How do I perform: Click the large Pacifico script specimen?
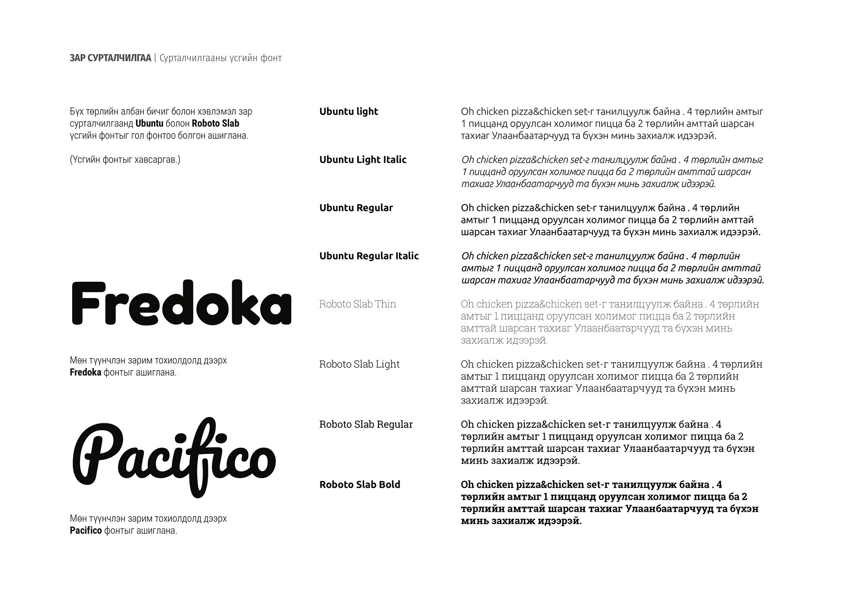pyautogui.click(x=174, y=457)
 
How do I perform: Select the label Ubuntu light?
pyautogui.click(x=349, y=112)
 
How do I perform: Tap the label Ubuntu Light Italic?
pyautogui.click(x=363, y=160)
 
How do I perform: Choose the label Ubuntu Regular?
pyautogui.click(x=356, y=208)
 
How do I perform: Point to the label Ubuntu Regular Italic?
pyautogui.click(x=369, y=256)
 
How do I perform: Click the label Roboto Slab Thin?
pyautogui.click(x=357, y=304)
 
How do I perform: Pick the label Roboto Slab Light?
pyautogui.click(x=359, y=364)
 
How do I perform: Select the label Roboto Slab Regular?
pyautogui.click(x=366, y=425)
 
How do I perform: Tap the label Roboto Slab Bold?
pyautogui.click(x=360, y=485)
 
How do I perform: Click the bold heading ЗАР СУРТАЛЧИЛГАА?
pyautogui.click(x=110, y=58)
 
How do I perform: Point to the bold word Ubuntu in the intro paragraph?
pyautogui.click(x=149, y=124)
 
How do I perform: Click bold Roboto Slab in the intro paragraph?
pyautogui.click(x=215, y=124)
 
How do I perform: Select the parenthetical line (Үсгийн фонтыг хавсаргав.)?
pyautogui.click(x=125, y=160)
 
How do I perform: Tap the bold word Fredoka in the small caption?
pyautogui.click(x=85, y=373)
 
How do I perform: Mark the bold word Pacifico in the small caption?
pyautogui.click(x=86, y=531)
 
